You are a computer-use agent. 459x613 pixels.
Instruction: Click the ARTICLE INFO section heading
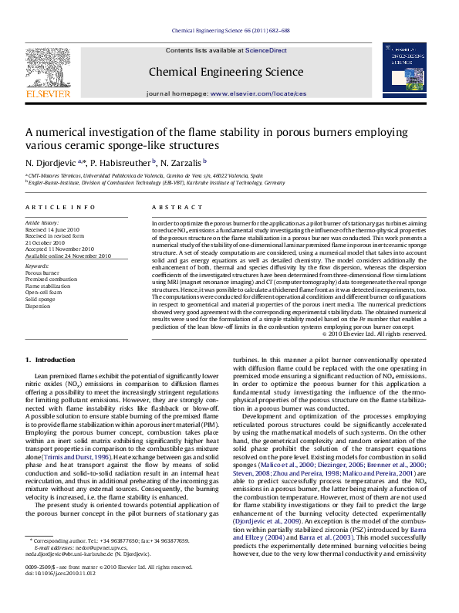pos(51,208)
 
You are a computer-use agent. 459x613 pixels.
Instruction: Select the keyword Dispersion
pos(39,306)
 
